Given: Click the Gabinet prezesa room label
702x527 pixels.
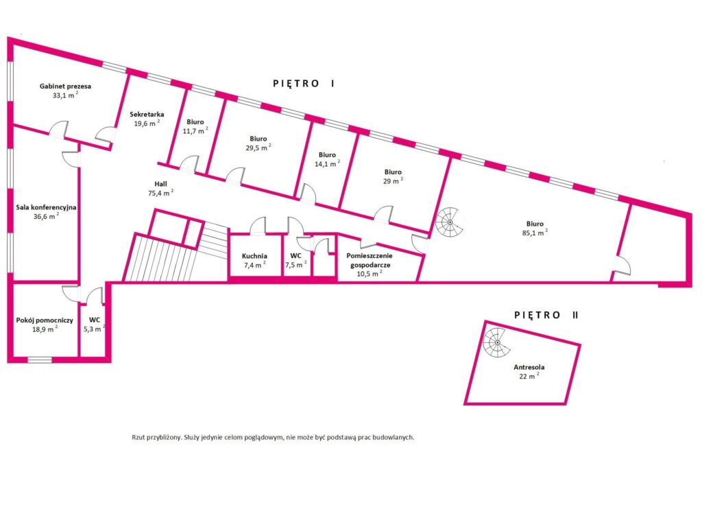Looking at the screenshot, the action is point(65,86).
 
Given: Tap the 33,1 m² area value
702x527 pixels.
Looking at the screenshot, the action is point(65,95).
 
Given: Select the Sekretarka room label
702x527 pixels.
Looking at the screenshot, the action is point(147,115).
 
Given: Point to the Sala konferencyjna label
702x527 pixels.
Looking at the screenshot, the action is point(46,207).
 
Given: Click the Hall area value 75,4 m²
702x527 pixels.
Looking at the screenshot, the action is point(160,193).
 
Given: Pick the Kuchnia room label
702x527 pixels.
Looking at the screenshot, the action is point(254,257).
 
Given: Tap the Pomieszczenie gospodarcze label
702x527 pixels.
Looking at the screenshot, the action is point(370,260).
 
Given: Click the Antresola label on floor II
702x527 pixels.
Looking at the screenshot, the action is point(529,367).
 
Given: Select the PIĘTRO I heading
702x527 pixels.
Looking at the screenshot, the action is point(304,83).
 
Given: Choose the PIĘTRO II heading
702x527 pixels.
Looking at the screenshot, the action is point(546,315).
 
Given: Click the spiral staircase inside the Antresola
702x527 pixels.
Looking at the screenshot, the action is point(496,343).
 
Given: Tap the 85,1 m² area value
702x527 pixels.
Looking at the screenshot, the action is point(535,233).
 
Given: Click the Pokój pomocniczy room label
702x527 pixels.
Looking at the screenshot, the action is point(45,320).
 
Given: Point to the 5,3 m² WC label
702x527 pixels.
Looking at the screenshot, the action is point(95,324).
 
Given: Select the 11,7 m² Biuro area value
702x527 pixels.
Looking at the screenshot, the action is point(195,131).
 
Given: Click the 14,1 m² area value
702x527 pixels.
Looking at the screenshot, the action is point(327,163).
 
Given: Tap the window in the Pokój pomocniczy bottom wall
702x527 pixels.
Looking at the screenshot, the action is point(40,360).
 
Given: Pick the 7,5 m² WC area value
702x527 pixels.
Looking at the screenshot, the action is point(296,264).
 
